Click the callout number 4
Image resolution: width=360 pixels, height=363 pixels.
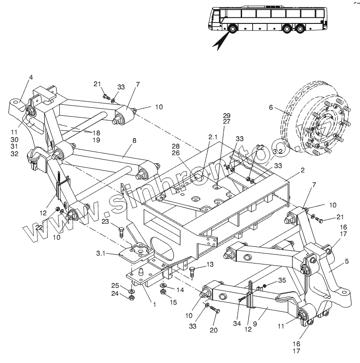31,77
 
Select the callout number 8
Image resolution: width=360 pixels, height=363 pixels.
134,140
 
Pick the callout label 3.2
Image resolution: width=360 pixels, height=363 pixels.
278,151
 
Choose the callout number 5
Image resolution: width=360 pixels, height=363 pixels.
347,261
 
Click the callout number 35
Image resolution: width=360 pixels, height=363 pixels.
282,280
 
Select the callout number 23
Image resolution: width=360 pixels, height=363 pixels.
105,221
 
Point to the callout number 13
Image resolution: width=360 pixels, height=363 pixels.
209,264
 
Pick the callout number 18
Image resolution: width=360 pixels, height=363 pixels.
96,133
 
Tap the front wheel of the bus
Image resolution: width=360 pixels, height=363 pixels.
231,31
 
